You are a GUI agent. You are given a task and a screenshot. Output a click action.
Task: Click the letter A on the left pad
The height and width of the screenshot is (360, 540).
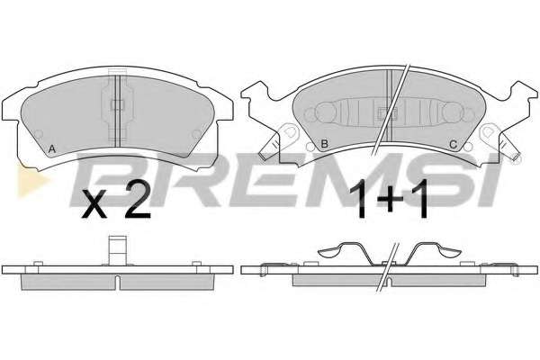point(52,149)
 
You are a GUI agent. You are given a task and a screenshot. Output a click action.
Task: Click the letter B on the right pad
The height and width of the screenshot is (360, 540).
point(324,144)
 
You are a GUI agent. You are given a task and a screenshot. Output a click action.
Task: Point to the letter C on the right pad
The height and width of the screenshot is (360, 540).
point(454,144)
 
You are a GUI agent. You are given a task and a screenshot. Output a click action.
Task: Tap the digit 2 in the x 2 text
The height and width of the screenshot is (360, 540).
point(138,200)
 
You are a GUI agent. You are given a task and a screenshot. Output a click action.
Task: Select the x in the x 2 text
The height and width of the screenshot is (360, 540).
point(94,206)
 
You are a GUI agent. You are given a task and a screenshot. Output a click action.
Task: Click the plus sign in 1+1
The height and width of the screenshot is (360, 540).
point(390,199)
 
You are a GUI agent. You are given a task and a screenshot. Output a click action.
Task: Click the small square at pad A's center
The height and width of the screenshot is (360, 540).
point(117,104)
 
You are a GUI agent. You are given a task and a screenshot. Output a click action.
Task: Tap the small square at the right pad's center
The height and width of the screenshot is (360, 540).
point(388,113)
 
